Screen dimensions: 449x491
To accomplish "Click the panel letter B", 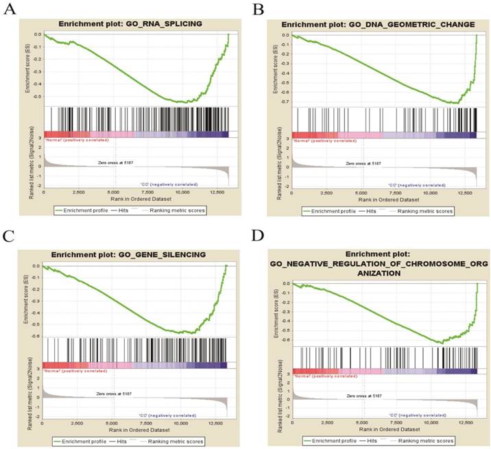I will pos(259,9).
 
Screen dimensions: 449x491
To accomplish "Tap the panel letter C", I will pos(10,237).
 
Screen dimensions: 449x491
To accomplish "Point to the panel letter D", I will pos(259,237).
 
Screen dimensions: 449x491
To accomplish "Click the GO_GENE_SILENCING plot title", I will pos(137,254).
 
